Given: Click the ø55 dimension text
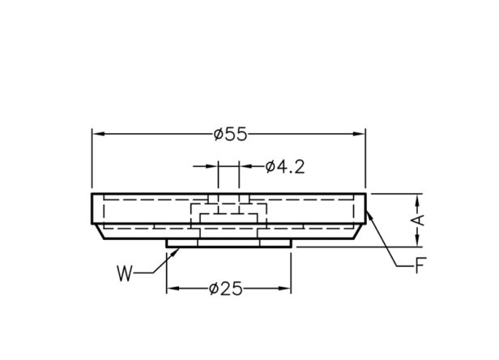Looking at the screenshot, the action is click(230, 134).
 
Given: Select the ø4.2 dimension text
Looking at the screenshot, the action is click(285, 167).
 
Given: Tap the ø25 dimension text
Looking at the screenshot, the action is click(226, 289).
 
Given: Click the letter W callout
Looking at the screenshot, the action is click(124, 273).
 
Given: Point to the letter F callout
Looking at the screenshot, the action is click(420, 265).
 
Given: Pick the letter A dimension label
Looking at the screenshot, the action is click(420, 221).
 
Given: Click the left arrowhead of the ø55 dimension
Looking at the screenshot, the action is click(98, 134).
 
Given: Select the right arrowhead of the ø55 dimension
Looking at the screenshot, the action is click(360, 134).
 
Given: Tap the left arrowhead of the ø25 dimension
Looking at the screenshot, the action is click(173, 289).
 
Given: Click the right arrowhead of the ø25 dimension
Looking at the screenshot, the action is click(285, 289).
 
